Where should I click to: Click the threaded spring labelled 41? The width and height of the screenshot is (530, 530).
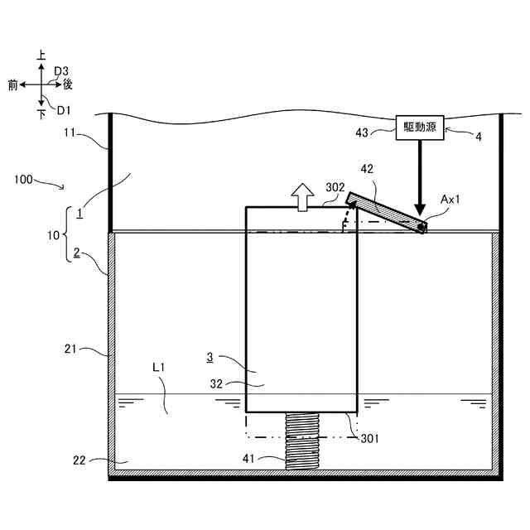pos(301,441)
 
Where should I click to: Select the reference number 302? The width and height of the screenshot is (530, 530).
pos(335,188)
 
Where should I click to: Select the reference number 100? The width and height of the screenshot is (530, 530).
pos(26,178)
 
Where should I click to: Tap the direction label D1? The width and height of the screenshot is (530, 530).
pos(64,108)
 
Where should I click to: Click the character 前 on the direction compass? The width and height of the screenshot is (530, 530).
pos(13,84)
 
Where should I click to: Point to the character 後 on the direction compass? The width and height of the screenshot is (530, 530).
pos(69,84)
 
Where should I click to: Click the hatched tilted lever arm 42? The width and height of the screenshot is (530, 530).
pos(386,213)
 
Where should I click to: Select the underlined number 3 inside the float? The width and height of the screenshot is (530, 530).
pos(210,357)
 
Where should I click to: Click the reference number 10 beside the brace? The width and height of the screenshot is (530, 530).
pos(53,235)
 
